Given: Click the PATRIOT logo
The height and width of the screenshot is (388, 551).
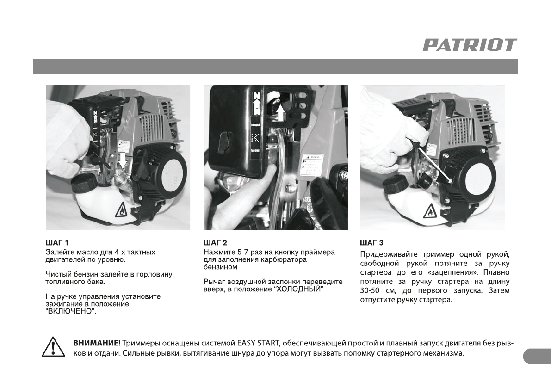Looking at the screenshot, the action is (x=470, y=45).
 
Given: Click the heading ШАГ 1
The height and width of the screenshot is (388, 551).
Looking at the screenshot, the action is (x=57, y=243).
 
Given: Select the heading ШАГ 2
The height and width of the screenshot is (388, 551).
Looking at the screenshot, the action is (x=216, y=243).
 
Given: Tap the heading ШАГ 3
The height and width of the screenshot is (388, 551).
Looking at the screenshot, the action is (x=372, y=243).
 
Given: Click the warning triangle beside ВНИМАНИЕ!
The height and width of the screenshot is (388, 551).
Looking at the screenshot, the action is (x=53, y=347).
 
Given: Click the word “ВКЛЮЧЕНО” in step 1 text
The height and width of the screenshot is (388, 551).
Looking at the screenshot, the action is (x=71, y=311).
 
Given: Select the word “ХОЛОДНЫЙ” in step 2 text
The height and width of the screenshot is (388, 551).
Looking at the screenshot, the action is (x=299, y=289).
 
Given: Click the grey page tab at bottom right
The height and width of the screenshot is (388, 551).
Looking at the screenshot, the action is (x=537, y=357).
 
